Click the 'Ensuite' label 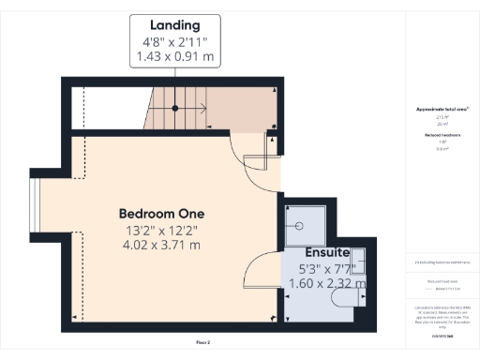(326, 253)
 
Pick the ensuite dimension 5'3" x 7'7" (326, 269)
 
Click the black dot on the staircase (175, 109)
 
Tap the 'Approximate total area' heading (442, 110)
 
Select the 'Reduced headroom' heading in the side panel (442, 135)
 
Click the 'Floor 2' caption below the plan (202, 343)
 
